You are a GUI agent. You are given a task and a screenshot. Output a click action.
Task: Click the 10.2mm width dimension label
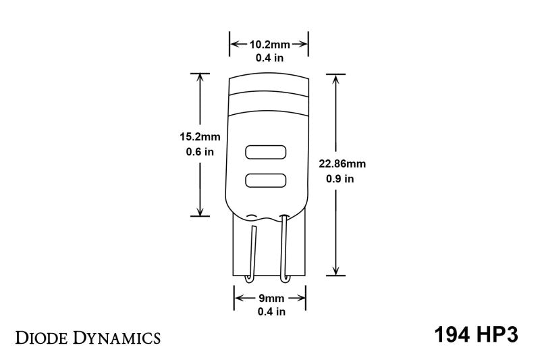click(x=269, y=45)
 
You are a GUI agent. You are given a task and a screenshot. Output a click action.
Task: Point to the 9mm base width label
click(x=270, y=298)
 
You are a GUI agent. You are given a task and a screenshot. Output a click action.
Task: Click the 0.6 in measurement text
click(x=200, y=152)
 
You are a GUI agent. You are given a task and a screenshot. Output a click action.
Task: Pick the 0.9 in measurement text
click(x=339, y=180)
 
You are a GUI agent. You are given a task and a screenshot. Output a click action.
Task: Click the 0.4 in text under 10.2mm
click(x=269, y=58)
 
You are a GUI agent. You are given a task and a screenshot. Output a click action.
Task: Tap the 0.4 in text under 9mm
click(x=270, y=311)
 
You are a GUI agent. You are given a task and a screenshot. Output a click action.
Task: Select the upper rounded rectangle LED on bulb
click(x=265, y=153)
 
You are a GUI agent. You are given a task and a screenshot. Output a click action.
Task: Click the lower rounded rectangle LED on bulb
click(x=265, y=180)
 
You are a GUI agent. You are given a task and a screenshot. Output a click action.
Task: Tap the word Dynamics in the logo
click(x=116, y=337)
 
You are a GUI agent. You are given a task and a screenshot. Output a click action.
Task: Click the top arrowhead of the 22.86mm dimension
click(x=335, y=78)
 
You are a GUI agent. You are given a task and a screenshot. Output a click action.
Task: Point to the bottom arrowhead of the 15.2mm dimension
click(x=200, y=211)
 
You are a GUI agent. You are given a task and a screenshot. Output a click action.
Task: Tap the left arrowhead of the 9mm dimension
click(x=238, y=298)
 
